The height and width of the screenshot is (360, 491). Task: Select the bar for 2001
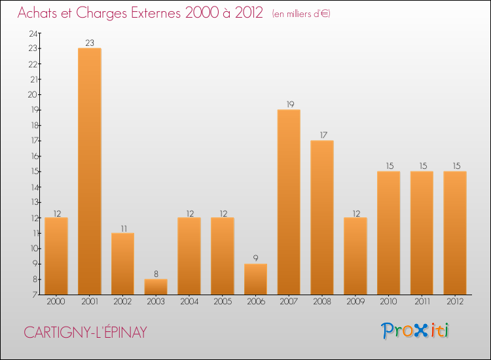tap(90, 171)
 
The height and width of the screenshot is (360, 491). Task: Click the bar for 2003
tap(156, 287)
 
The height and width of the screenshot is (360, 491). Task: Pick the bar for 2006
tap(255, 279)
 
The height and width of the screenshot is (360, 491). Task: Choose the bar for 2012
tap(455, 232)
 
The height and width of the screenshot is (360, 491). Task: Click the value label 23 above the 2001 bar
tap(90, 43)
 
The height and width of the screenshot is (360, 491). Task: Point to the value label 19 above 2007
tap(289, 105)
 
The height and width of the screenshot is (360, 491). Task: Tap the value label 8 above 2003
tap(156, 274)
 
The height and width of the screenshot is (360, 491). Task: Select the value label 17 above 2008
tap(322, 135)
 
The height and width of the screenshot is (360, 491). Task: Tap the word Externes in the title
tap(143, 13)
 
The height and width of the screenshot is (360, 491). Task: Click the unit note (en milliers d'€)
tap(301, 14)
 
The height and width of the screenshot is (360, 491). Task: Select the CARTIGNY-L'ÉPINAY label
tap(85, 332)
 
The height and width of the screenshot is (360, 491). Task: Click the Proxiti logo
tap(416, 331)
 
